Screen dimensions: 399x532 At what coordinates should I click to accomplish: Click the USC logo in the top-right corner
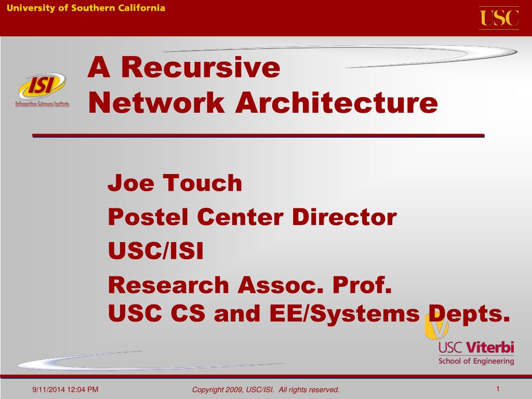coord(499,18)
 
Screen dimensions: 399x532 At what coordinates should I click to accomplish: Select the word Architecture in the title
coord(337,103)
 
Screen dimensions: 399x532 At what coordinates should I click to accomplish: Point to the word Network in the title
coord(156,103)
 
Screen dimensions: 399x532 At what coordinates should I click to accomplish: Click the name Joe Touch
coord(175,183)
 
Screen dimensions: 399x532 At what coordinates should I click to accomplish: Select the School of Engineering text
coord(476,361)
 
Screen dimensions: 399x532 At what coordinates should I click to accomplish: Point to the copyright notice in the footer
coord(265,390)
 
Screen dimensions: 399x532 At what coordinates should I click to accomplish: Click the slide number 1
coord(497,389)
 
